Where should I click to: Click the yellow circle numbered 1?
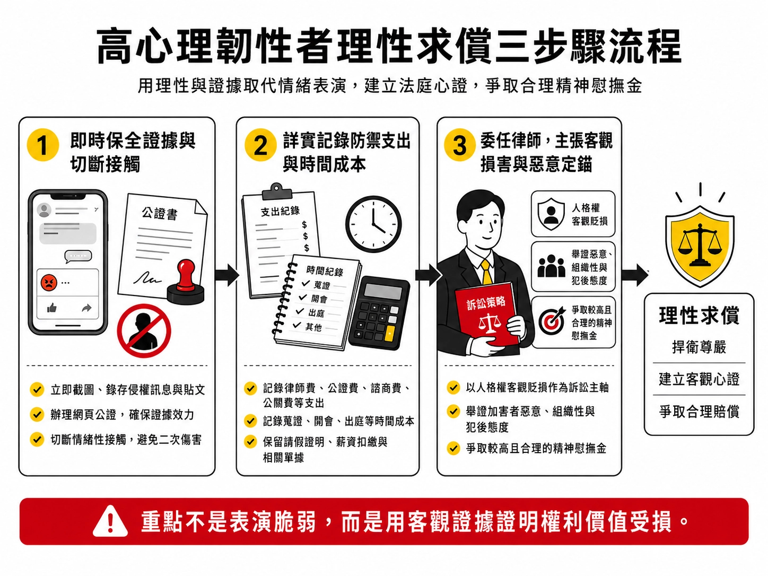click(42, 145)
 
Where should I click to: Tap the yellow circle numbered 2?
click(260, 145)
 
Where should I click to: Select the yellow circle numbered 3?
click(459, 145)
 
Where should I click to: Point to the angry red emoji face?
click(49, 282)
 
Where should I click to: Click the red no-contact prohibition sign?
click(144, 331)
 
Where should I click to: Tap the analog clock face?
click(373, 224)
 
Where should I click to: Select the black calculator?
click(379, 313)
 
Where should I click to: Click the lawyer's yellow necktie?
click(486, 273)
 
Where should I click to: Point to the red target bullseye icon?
click(551, 321)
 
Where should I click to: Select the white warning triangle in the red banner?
click(110, 521)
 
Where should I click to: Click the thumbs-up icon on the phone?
click(52, 308)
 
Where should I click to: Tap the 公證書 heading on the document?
click(160, 213)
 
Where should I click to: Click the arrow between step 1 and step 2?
click(226, 275)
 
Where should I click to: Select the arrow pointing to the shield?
click(635, 275)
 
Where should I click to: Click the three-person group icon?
click(551, 266)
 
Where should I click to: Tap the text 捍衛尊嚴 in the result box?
click(699, 347)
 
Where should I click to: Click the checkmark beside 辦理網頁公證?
click(37, 414)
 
